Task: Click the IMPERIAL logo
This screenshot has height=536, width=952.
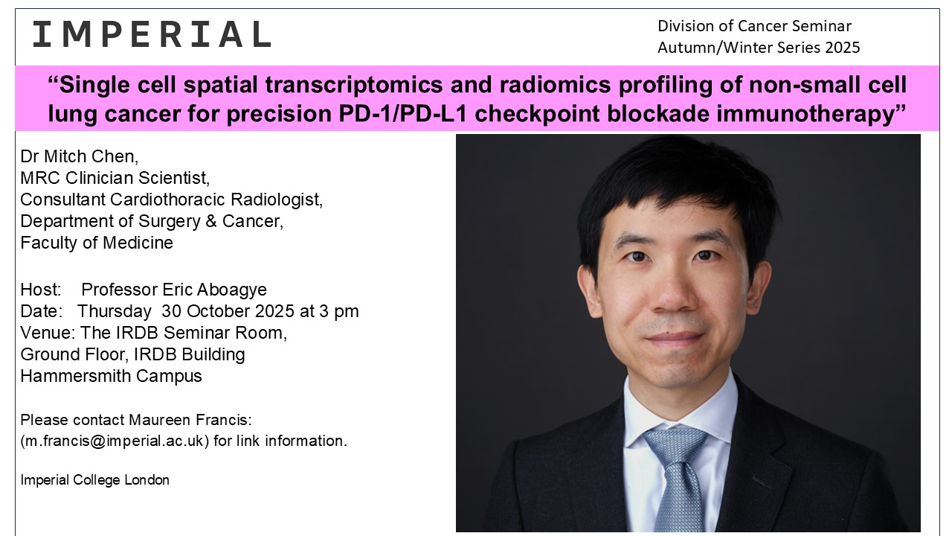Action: coord(152,34)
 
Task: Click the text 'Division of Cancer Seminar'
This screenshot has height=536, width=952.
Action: coord(754,26)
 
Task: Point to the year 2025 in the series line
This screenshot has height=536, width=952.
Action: coord(843,47)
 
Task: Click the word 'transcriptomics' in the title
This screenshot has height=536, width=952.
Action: coord(354,85)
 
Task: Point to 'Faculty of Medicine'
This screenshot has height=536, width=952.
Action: coord(97,243)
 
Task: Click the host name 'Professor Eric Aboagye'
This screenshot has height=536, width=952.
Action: coord(174,290)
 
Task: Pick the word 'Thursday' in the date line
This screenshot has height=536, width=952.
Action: coord(114,311)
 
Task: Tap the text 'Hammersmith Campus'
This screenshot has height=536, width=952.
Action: coord(111,376)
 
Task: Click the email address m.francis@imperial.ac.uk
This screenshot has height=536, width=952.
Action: coord(115,441)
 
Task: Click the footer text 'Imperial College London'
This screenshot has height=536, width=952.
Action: coord(94,480)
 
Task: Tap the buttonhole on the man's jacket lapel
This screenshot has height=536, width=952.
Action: coord(762,482)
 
